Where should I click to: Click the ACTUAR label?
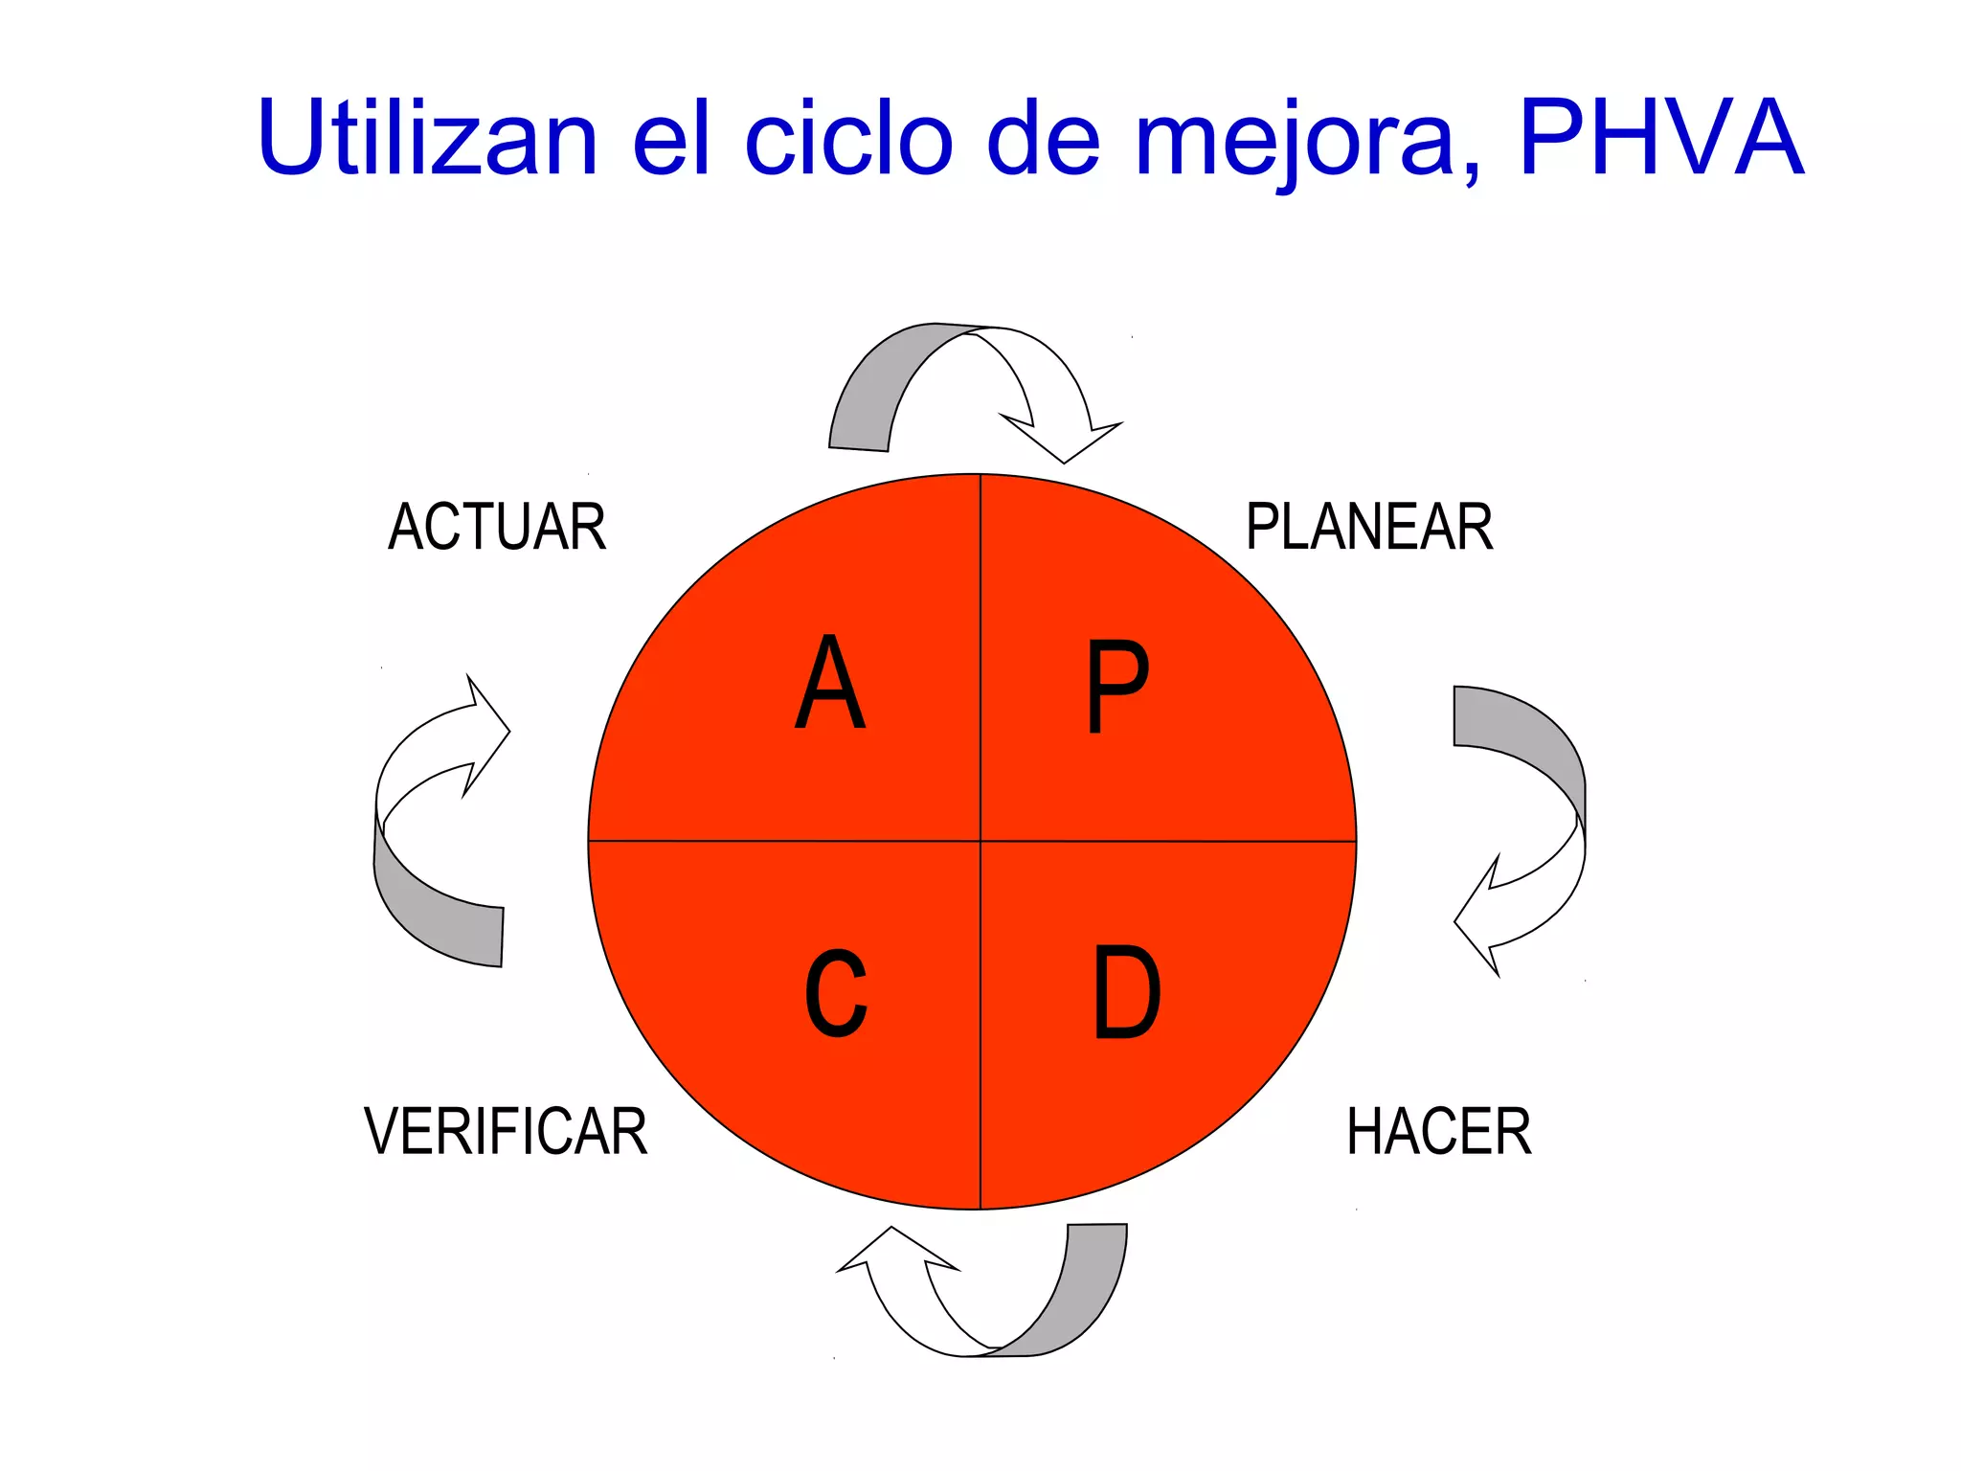click(497, 527)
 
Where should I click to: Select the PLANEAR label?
click(1369, 527)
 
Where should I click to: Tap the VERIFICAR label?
click(506, 1131)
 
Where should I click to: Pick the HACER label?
click(1438, 1131)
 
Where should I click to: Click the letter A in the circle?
click(830, 682)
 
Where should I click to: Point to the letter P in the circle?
click(1116, 686)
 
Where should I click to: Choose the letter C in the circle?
click(836, 993)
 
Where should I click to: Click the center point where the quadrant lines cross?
click(980, 841)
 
